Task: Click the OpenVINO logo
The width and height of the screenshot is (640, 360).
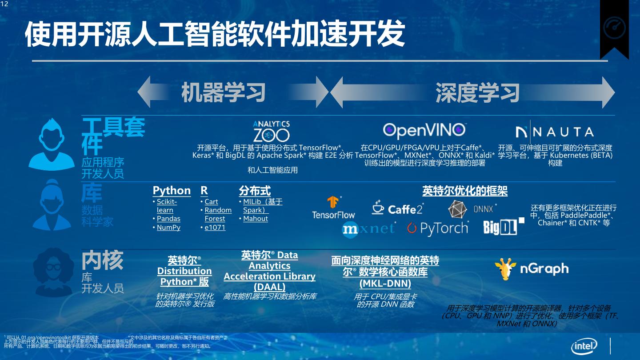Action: (x=424, y=130)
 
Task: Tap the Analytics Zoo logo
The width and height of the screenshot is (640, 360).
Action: (x=271, y=132)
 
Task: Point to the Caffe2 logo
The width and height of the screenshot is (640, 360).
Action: (x=397, y=208)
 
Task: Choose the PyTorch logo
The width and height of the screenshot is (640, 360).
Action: (x=438, y=228)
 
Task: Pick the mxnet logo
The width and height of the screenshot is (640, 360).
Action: (x=368, y=228)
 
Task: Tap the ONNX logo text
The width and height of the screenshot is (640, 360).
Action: (x=484, y=208)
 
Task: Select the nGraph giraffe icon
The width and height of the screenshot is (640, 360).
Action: (x=505, y=268)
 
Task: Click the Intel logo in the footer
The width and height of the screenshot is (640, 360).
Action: (x=584, y=346)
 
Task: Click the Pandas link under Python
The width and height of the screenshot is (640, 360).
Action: (x=168, y=219)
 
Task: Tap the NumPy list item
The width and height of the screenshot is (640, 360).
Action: (x=168, y=228)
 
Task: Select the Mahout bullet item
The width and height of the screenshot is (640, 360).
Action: (x=256, y=219)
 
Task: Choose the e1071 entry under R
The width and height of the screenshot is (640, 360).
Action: (x=215, y=228)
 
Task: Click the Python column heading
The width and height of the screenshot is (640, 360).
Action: (x=172, y=191)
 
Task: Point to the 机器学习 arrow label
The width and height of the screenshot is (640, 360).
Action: (x=223, y=92)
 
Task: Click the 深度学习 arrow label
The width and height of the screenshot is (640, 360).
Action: (x=477, y=92)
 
